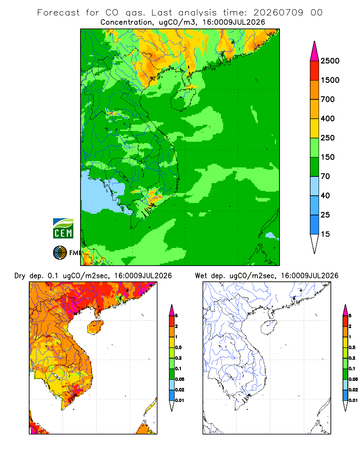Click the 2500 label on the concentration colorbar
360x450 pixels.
pos(330,61)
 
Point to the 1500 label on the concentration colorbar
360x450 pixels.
pos(330,80)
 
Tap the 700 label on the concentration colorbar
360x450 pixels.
pos(328,99)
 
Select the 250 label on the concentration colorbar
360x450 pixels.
pos(328,138)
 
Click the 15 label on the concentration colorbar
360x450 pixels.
pos(325,234)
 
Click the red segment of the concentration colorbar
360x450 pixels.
pos(315,71)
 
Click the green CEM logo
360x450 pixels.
pos(63,229)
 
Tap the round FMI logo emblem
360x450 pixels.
pos(60,253)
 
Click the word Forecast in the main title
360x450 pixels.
pos(58,13)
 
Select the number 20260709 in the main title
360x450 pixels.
pos(278,13)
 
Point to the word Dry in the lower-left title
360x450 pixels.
pos(20,276)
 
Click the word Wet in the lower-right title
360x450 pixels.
pos(201,276)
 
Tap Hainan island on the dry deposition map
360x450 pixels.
pos(95,327)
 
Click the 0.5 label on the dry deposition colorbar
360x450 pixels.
pos(178,347)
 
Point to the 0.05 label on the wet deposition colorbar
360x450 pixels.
pos(353,379)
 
